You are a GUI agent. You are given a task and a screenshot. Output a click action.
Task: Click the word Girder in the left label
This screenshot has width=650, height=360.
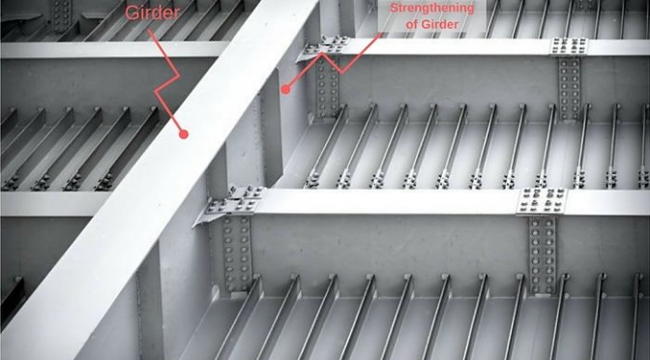pyautogui.click(x=152, y=13)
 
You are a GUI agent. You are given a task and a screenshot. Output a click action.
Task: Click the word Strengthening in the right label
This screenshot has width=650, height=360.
pyautogui.click(x=432, y=8)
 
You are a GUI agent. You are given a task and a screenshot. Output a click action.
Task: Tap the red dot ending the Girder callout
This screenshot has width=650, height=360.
pyautogui.click(x=184, y=134)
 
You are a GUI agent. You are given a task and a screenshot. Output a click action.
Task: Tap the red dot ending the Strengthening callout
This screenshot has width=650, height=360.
pyautogui.click(x=285, y=89)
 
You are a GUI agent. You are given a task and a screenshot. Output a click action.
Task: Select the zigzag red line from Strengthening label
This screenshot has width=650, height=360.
pyautogui.click(x=332, y=62)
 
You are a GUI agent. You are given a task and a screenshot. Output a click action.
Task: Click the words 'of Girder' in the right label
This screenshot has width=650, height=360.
pyautogui.click(x=432, y=24)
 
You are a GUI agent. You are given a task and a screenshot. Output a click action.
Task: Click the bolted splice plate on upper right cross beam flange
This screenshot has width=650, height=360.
pyautogui.click(x=569, y=46)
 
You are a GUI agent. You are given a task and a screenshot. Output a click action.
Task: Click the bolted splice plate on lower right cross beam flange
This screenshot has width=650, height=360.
pyautogui.click(x=543, y=201)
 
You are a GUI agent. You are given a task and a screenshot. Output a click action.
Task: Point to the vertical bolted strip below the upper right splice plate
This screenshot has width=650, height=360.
pyautogui.click(x=569, y=88)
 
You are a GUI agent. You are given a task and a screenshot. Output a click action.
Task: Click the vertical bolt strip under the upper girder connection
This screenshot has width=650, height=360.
pyautogui.click(x=327, y=86)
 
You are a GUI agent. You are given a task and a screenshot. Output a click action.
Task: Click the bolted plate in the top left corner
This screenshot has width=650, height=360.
pyautogui.click(x=62, y=15)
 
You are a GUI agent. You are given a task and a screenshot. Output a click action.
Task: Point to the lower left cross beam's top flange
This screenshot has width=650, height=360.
pyautogui.click(x=54, y=203)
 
